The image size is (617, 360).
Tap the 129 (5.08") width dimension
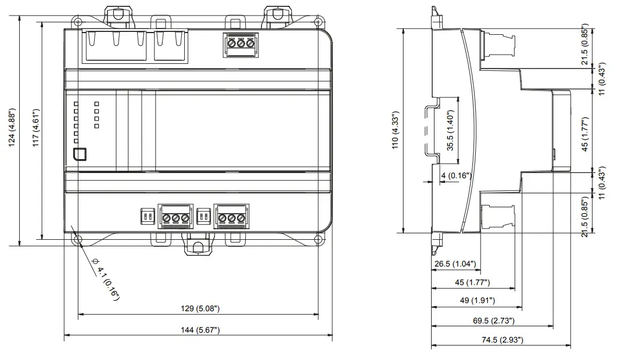click(199, 308)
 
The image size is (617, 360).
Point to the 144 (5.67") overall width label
click(199, 329)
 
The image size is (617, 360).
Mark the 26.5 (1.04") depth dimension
click(455, 264)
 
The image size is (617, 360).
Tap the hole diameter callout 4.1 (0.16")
click(107, 283)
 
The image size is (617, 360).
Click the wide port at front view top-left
click(114, 46)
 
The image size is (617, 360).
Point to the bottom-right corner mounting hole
click(318, 239)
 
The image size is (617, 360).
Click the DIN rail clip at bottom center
click(198, 246)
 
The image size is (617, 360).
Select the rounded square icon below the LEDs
click(80, 154)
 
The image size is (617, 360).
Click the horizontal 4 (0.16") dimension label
click(455, 175)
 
